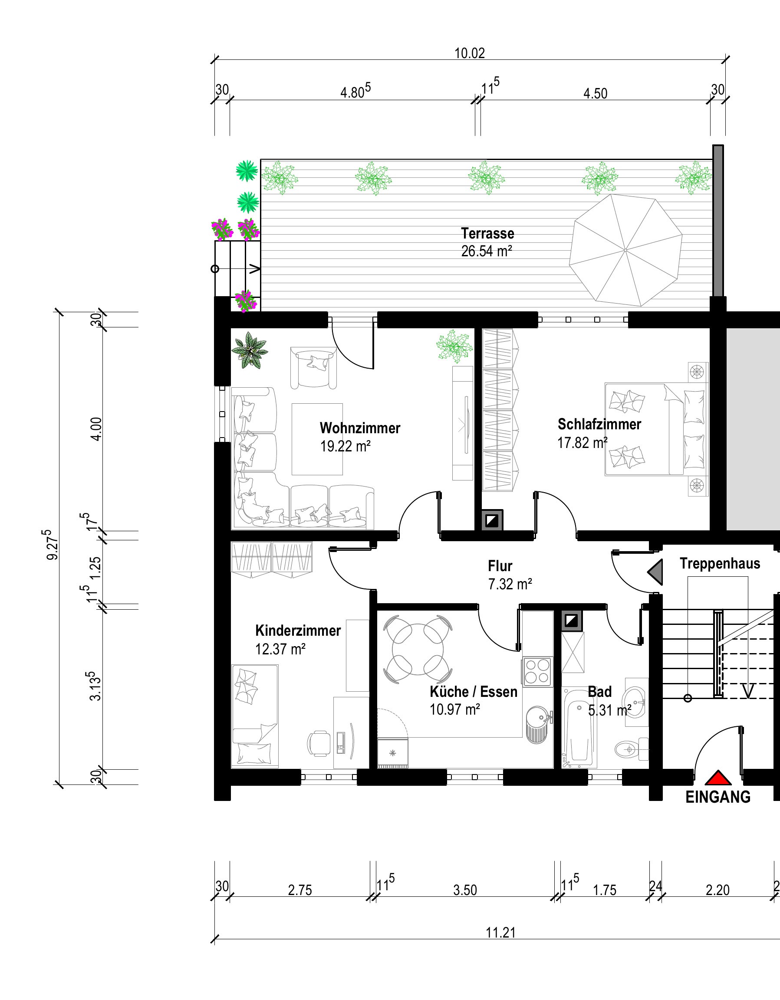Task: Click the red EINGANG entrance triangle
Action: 718,778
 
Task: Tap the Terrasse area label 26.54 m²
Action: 486,252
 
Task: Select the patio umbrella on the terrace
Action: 625,250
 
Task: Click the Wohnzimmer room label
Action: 360,428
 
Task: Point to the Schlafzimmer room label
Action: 599,425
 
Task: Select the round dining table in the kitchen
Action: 418,649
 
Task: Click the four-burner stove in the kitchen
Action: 537,671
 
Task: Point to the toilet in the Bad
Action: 632,749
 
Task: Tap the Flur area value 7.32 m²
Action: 510,584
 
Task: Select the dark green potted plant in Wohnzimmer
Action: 249,351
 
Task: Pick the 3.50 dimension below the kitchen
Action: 465,890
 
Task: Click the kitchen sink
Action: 536,725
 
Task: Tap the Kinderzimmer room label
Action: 298,631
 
